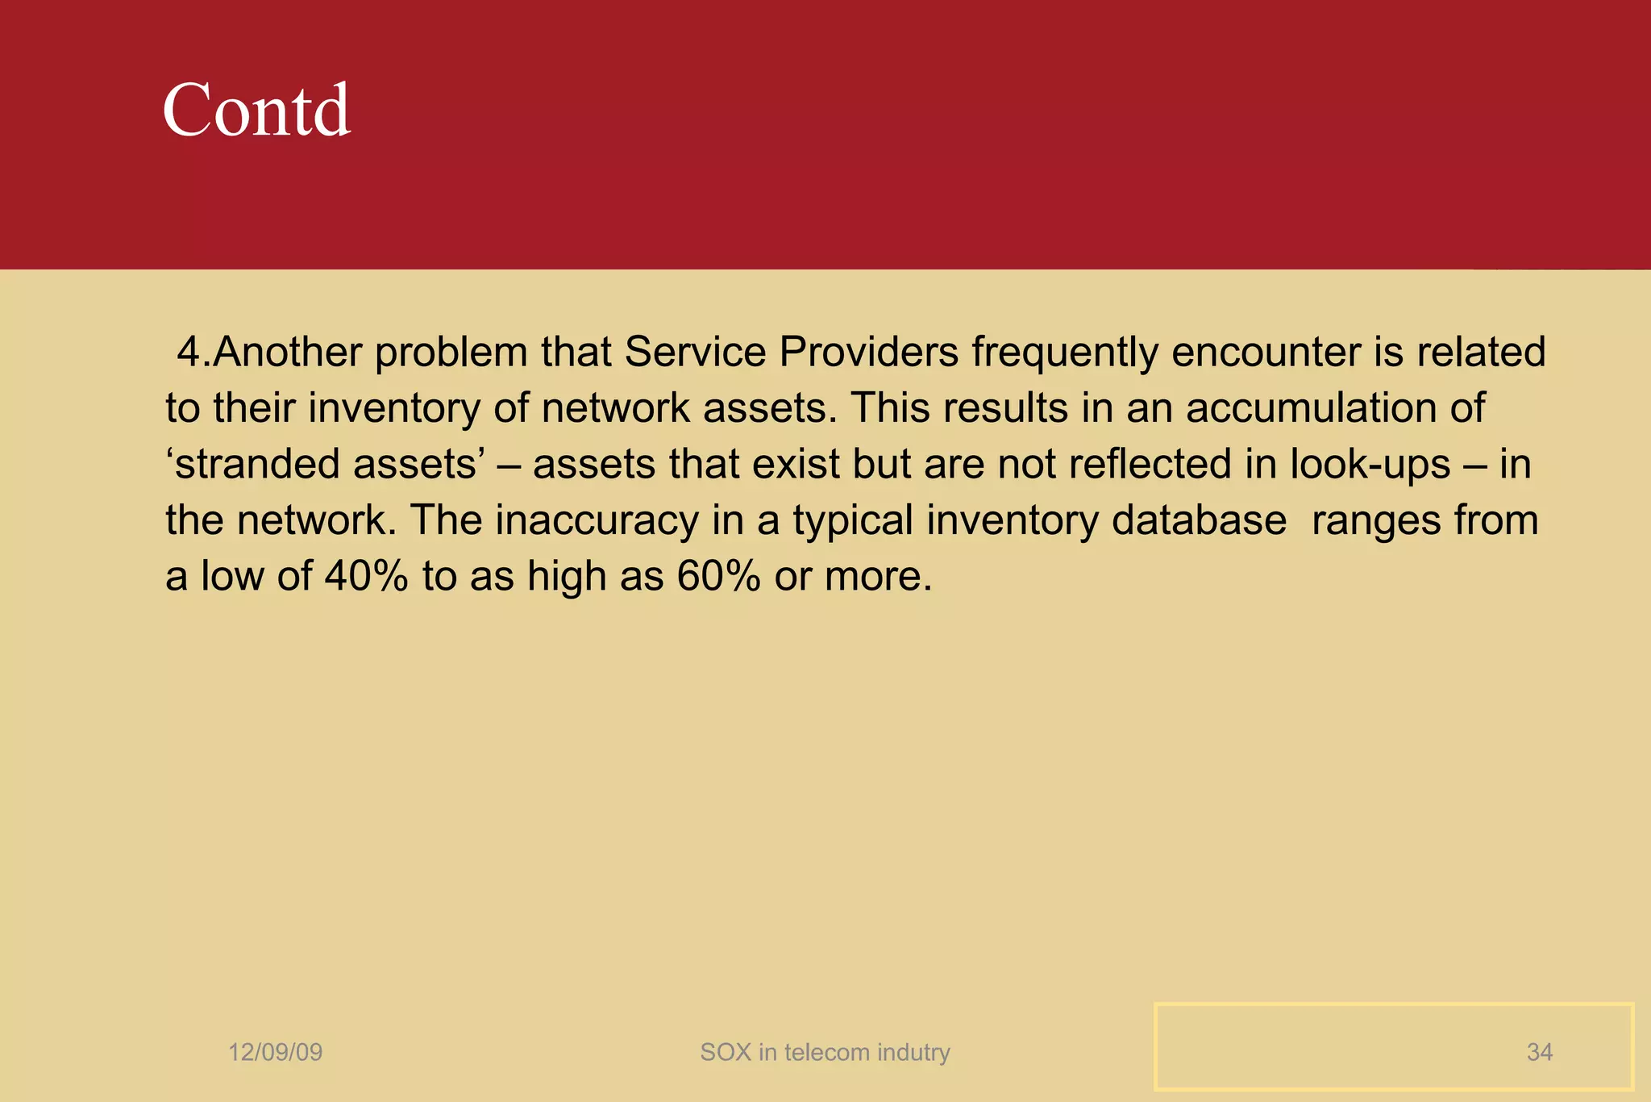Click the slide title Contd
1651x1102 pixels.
coord(256,111)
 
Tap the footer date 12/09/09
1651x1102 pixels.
coord(275,1052)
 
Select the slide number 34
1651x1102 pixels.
coord(1539,1052)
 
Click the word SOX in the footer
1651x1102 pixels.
coord(725,1052)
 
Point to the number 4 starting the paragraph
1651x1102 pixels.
coord(187,353)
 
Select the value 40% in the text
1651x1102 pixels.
coord(366,577)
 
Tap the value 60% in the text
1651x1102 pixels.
coord(718,577)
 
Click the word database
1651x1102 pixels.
coord(1199,520)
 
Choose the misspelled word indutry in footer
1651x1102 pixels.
coord(913,1052)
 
